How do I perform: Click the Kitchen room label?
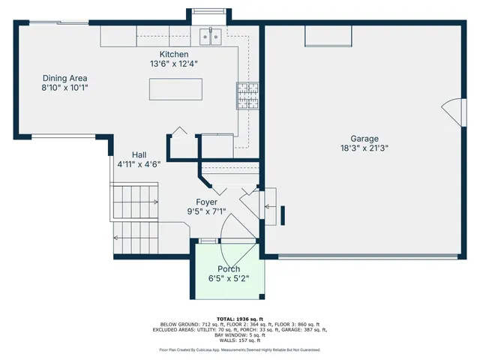pos(173,55)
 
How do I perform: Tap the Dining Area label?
pos(64,78)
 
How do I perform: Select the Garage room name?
pos(364,138)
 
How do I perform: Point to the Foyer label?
pos(206,202)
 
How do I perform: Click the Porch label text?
pos(229,269)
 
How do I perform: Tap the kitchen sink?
pos(209,34)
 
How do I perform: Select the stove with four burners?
pos(248,95)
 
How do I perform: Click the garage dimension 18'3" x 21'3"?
pos(364,148)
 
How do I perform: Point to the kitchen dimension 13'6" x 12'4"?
pos(173,64)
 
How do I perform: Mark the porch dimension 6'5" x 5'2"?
pos(229,278)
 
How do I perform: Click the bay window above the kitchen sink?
pos(209,11)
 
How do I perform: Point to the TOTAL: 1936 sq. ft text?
pos(239,319)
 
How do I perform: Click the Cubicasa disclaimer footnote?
pos(239,349)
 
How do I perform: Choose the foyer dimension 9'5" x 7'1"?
pos(206,211)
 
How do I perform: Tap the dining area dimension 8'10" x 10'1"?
pos(64,88)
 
